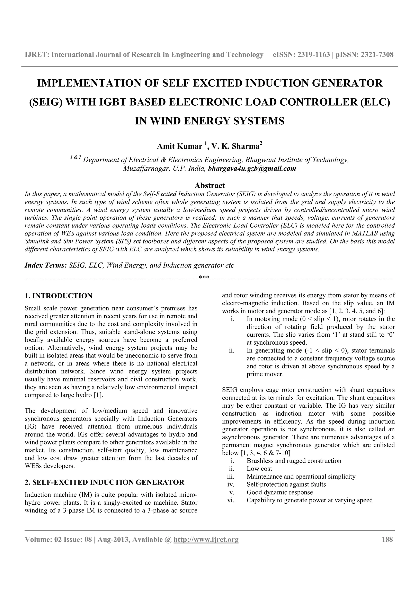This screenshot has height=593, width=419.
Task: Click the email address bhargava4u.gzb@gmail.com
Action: [252, 169]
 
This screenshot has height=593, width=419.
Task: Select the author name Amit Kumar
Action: [180, 147]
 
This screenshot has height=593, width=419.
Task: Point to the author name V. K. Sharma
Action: [235, 147]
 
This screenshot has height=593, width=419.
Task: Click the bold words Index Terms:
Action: [46, 266]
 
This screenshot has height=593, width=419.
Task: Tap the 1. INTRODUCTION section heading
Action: [58, 296]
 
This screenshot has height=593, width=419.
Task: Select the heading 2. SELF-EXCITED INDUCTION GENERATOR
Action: [104, 483]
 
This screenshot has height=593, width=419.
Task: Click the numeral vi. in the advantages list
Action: [231, 500]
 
